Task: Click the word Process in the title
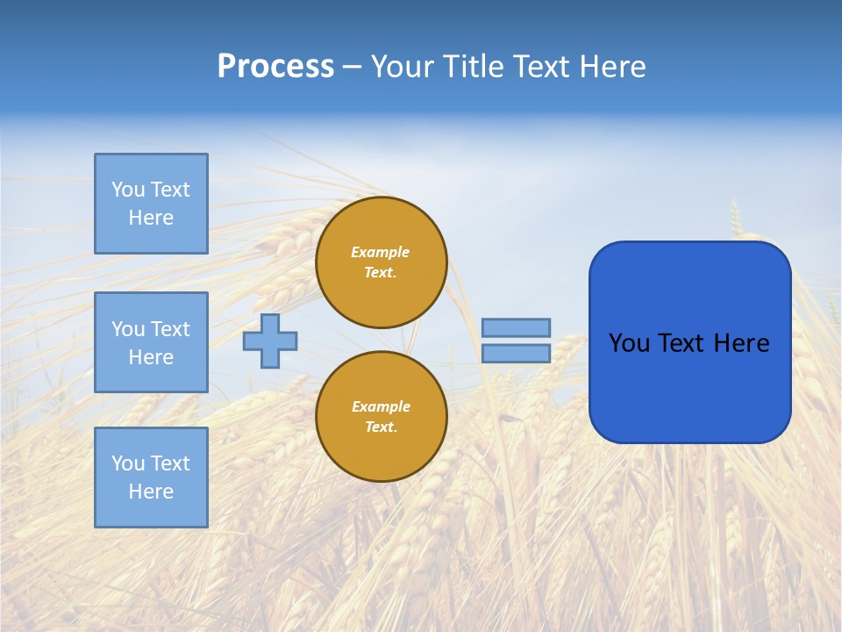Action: (x=275, y=67)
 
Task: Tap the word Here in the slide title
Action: (x=610, y=67)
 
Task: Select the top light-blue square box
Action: (x=151, y=204)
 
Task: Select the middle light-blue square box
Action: (x=151, y=342)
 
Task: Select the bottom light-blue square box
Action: (x=151, y=478)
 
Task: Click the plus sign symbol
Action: (x=270, y=341)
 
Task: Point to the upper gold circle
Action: (x=382, y=262)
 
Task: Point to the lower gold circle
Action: (x=382, y=417)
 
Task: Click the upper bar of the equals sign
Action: (x=516, y=327)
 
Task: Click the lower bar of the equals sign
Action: (x=516, y=353)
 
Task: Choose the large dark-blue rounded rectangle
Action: (x=689, y=386)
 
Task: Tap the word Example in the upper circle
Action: (x=381, y=252)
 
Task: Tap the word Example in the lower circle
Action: (x=381, y=406)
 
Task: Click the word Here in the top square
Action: (x=151, y=218)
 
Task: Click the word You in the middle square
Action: (x=127, y=329)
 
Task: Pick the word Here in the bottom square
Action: (x=151, y=492)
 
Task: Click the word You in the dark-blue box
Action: (x=629, y=343)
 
